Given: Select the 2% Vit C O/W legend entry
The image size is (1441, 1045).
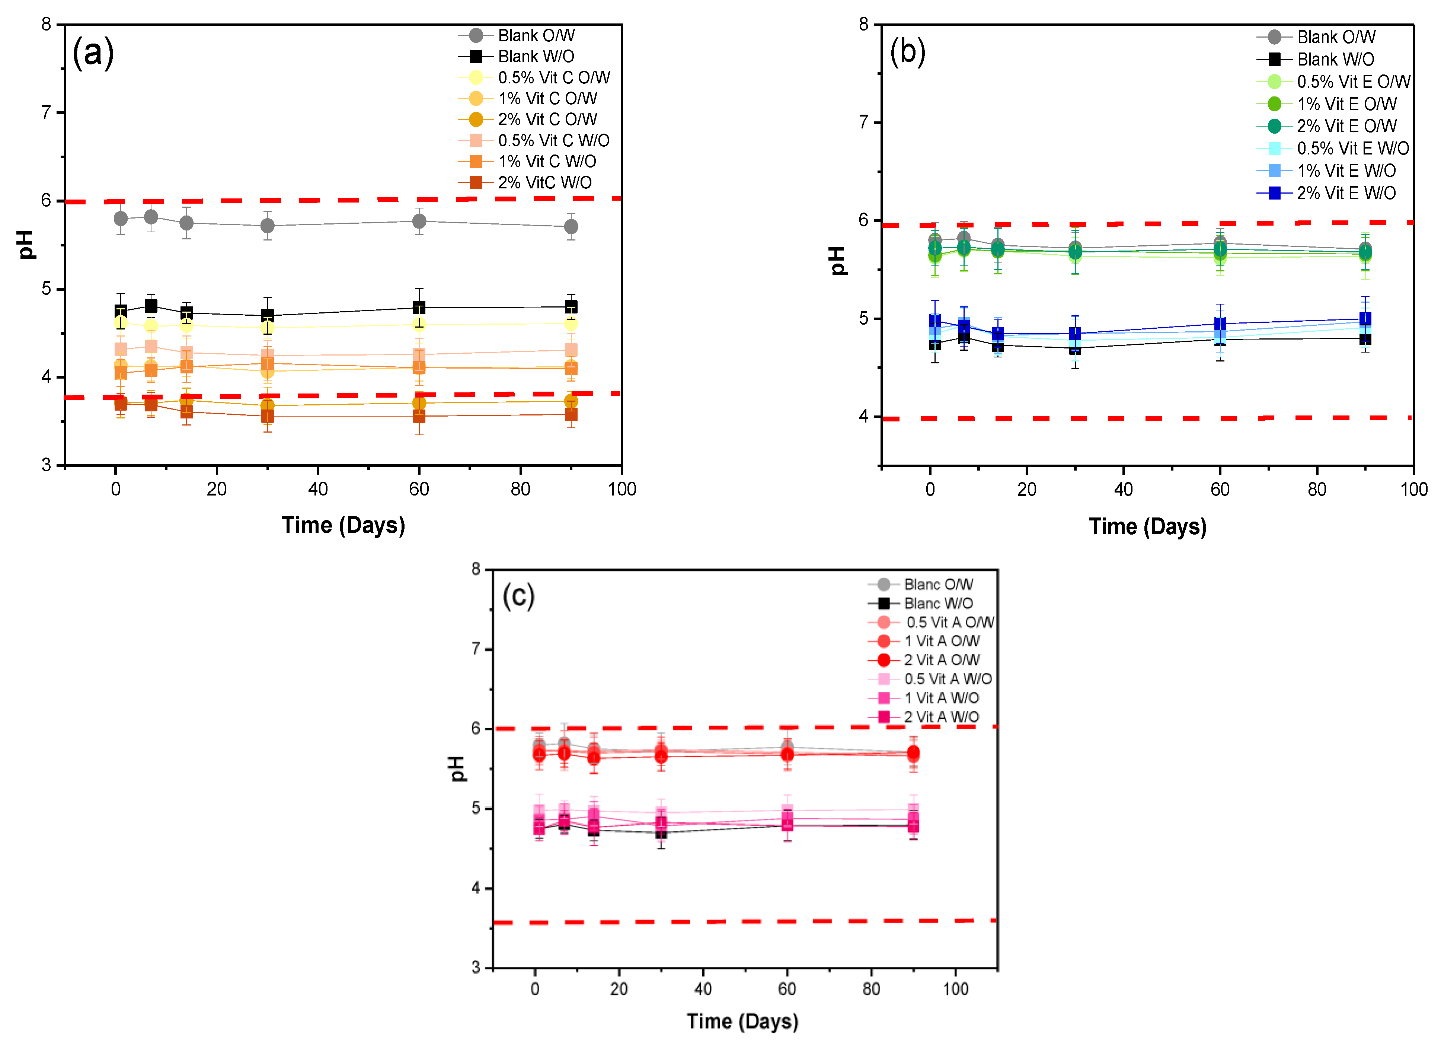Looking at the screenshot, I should click(546, 120).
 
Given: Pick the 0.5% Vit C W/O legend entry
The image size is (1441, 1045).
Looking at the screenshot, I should click(553, 140).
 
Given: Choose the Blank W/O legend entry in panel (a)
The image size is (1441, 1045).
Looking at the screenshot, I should click(536, 57).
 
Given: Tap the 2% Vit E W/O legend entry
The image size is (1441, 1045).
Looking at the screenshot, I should click(1346, 193).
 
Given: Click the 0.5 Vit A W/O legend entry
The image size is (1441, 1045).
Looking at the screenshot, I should click(947, 679).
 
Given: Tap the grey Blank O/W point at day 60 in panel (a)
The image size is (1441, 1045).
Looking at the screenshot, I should click(419, 221).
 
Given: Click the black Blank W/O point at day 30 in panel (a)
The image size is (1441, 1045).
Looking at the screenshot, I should click(268, 315).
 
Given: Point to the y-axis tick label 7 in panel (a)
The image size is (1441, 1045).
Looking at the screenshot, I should click(46, 113).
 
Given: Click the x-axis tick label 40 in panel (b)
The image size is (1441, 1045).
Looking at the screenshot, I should click(1123, 490).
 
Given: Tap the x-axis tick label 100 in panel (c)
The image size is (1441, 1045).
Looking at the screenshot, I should click(955, 989).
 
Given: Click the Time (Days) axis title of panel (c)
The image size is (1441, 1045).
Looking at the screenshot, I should click(742, 1022).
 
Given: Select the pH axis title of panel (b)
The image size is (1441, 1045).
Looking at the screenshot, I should click(837, 261).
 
